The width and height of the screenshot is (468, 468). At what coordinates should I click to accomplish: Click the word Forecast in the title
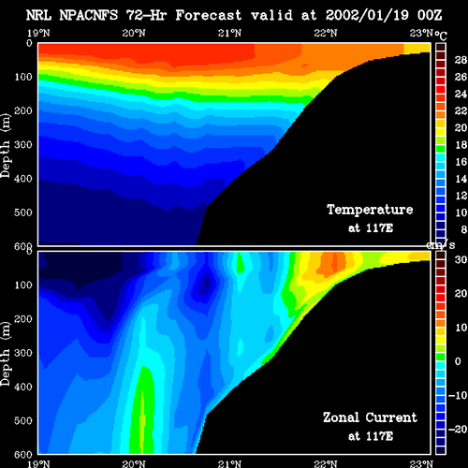pos(209,15)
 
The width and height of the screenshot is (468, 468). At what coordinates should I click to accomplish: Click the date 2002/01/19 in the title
pos(367,15)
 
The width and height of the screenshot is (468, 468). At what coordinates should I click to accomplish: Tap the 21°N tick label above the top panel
pos(229,33)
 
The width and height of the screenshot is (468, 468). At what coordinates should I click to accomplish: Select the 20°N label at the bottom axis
pos(134,464)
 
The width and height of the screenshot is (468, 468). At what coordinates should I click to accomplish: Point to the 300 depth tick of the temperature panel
pos(23,145)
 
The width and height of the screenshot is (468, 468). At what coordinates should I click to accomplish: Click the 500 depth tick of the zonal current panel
pos(23,420)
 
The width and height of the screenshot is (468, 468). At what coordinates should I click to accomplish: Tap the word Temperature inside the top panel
pos(370,210)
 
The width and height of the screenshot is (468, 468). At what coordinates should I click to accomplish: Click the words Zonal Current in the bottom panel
pos(370,417)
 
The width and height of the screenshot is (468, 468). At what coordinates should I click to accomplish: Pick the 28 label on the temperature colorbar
pos(461,60)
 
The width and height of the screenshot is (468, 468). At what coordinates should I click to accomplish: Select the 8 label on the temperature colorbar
pos(464,229)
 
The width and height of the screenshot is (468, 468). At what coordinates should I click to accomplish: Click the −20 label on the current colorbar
pos(458,430)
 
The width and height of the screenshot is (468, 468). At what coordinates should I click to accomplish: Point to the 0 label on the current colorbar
pos(458,361)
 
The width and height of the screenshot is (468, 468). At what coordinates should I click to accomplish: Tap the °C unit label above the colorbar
pos(441,36)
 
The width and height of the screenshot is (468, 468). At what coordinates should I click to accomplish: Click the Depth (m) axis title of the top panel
pos(6,146)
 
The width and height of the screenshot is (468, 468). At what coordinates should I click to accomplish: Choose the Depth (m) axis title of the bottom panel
pos(6,354)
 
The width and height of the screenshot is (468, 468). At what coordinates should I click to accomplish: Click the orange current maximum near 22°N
pos(332,264)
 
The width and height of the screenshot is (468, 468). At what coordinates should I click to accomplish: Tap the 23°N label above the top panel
pos(421,33)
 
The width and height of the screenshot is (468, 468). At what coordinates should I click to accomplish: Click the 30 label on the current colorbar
pos(461,259)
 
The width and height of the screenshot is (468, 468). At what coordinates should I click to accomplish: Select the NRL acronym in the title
pos(38,15)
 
